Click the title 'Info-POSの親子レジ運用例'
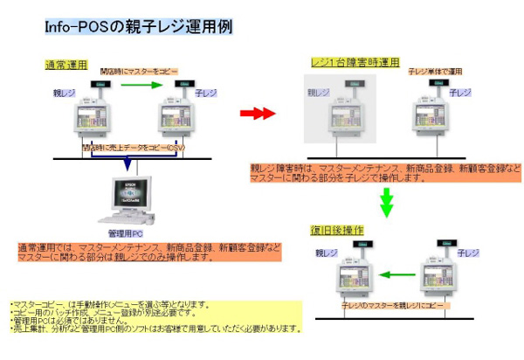138,27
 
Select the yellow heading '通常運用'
67,65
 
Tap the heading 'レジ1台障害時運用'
355,64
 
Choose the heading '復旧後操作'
337,230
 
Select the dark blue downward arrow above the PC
128,163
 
